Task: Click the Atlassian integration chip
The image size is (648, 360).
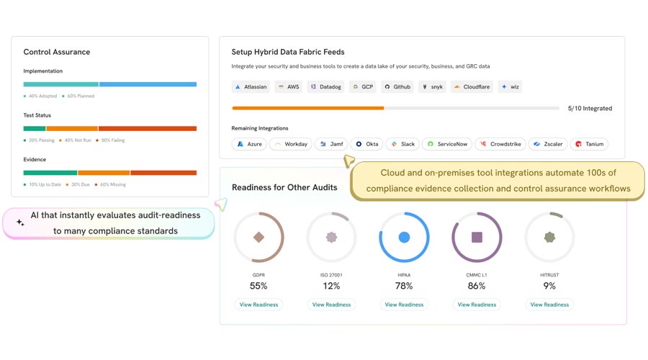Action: point(251,87)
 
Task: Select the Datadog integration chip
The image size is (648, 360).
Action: point(325,87)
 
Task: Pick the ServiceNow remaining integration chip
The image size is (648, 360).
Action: point(447,144)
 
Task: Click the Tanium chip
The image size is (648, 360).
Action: point(589,144)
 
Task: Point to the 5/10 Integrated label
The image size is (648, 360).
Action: point(590,109)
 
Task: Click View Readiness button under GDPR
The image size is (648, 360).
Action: point(258,305)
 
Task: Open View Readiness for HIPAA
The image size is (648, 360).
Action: point(404,305)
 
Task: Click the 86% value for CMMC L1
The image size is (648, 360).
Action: point(477,286)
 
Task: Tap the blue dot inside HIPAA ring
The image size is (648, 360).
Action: point(404,237)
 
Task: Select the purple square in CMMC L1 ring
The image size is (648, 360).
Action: point(477,237)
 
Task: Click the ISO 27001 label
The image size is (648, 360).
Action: point(331,274)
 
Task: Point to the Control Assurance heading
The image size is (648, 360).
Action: point(57,52)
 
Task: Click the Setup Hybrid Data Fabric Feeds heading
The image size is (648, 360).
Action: point(288,52)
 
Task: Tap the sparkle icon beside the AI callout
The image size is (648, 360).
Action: point(20,223)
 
